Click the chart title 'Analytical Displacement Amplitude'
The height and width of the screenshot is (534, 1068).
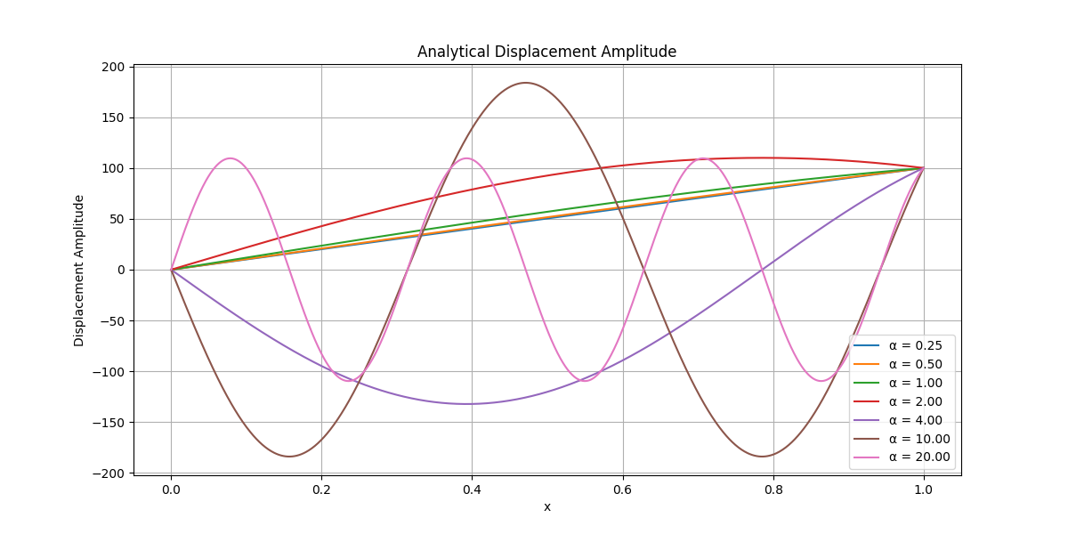point(546,52)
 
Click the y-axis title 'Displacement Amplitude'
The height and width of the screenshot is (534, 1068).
point(79,270)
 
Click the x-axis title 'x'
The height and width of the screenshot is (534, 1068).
point(547,506)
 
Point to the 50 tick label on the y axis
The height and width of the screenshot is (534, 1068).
point(117,219)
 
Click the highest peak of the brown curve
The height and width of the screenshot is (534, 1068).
point(525,83)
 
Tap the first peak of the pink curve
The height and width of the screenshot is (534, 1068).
point(231,158)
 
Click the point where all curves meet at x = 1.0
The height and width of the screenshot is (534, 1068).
point(924,168)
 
